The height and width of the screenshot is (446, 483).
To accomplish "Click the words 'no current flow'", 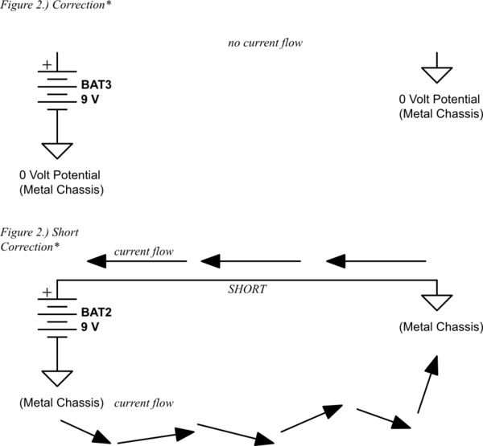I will click(x=264, y=42).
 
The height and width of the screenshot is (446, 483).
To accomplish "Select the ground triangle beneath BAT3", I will click(x=56, y=151).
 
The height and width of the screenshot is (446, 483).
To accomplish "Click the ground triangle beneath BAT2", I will click(x=56, y=378).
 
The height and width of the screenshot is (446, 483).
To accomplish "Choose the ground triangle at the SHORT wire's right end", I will click(x=437, y=302).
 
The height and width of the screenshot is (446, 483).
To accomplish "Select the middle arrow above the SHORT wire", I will click(x=250, y=261).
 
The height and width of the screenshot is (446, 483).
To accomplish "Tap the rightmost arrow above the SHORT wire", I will click(x=375, y=261).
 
